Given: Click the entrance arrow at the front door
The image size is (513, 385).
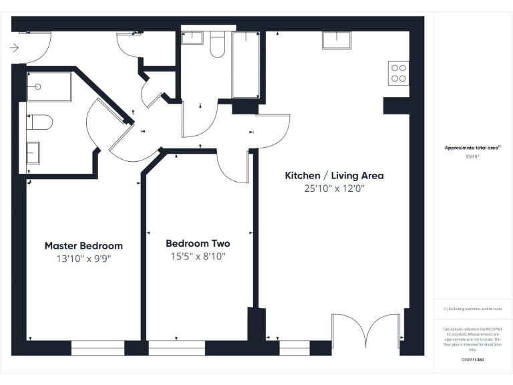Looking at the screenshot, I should point(15,47).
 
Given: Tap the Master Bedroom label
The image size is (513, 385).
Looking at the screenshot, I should point(83,245).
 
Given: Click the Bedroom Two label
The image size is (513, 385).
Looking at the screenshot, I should point(198,243).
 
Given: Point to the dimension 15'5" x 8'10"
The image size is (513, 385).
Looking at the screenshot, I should point(198,257).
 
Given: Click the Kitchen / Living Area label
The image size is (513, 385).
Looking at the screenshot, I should point(334,176).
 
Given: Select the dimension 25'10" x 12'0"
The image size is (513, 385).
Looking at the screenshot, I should point(334,189).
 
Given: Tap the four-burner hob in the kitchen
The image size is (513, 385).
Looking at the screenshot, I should point(399,73).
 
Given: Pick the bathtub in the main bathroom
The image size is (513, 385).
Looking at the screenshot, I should point(245,65).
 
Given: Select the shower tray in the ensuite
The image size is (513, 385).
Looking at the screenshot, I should point(49,87).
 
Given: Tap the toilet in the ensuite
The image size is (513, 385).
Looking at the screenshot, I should point(40,123).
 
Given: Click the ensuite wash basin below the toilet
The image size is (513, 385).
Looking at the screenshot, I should point(33,152).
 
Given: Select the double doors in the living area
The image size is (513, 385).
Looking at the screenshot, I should point(367,331).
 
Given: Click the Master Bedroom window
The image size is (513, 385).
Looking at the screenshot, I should point(98,347).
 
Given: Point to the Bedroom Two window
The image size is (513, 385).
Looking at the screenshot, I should point(176,347).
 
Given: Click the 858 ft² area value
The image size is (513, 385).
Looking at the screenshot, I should point(473,157).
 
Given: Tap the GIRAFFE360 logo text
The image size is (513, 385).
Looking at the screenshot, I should point(473,360).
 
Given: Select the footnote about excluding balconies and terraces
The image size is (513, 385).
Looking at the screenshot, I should point(473,309).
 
